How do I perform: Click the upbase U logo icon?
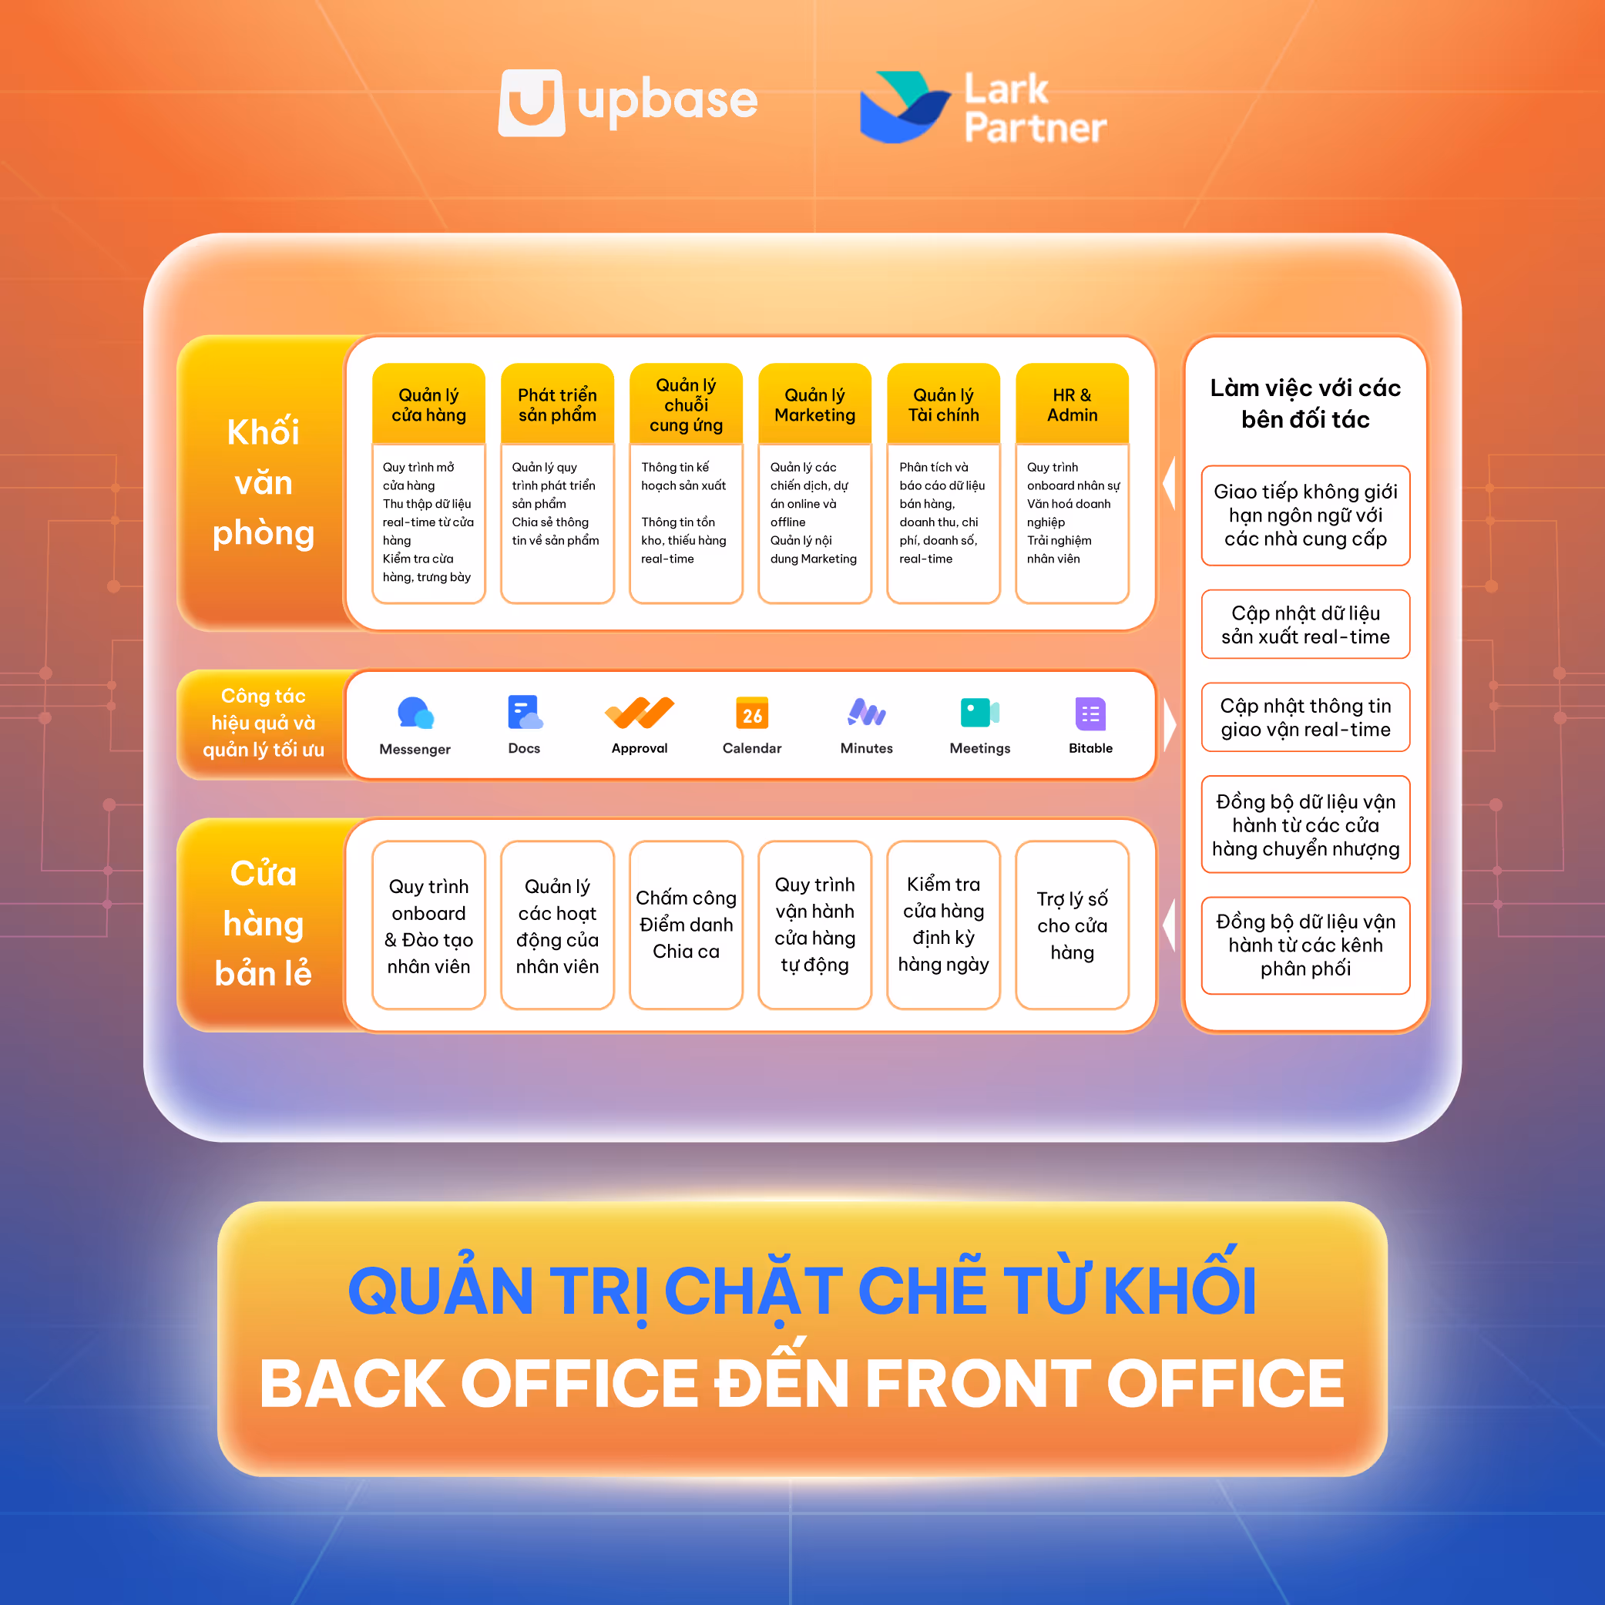pyautogui.click(x=531, y=102)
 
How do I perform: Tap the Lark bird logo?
pyautogui.click(x=903, y=107)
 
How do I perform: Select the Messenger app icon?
pyautogui.click(x=415, y=713)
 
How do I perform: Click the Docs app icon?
pyautogui.click(x=524, y=712)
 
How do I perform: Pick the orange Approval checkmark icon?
pyautogui.click(x=639, y=712)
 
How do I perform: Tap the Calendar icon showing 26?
pyautogui.click(x=752, y=713)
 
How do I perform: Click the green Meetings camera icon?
pyautogui.click(x=979, y=712)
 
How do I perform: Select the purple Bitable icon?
pyautogui.click(x=1090, y=713)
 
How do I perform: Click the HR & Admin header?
pyautogui.click(x=1072, y=405)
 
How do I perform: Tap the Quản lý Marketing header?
pyautogui.click(x=814, y=405)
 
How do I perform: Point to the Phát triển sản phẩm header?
pyautogui.click(x=556, y=405)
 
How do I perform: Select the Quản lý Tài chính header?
pyautogui.click(x=943, y=405)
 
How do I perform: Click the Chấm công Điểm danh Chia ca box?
pyautogui.click(x=685, y=925)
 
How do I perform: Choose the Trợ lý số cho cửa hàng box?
pyautogui.click(x=1072, y=925)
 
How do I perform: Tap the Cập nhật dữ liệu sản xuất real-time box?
pyautogui.click(x=1305, y=625)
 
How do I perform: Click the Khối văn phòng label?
pyautogui.click(x=264, y=482)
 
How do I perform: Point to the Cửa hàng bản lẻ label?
pyautogui.click(x=264, y=924)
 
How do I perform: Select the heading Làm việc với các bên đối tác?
pyautogui.click(x=1305, y=404)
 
